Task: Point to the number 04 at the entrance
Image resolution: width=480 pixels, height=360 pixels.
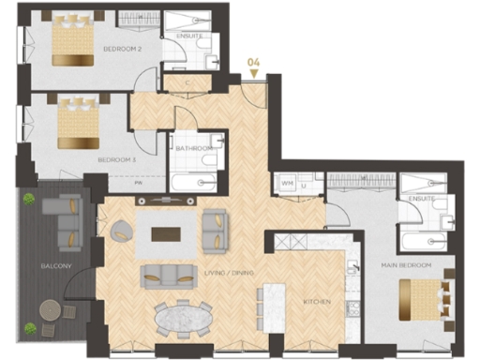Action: coord(252,64)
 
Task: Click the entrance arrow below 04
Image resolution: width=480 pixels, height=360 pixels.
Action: coord(252,75)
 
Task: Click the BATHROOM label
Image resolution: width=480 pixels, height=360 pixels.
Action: coord(195,148)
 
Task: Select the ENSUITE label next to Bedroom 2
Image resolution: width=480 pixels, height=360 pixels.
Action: coord(189,36)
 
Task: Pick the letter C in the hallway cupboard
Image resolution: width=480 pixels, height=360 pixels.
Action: coord(187,82)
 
